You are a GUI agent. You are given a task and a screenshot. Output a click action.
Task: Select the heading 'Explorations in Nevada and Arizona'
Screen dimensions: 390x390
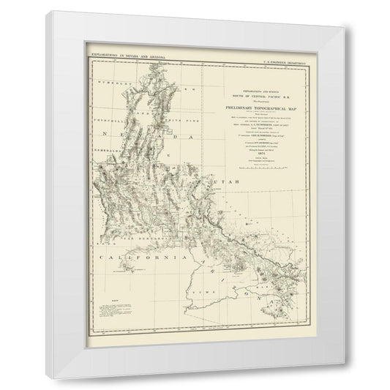124,55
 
